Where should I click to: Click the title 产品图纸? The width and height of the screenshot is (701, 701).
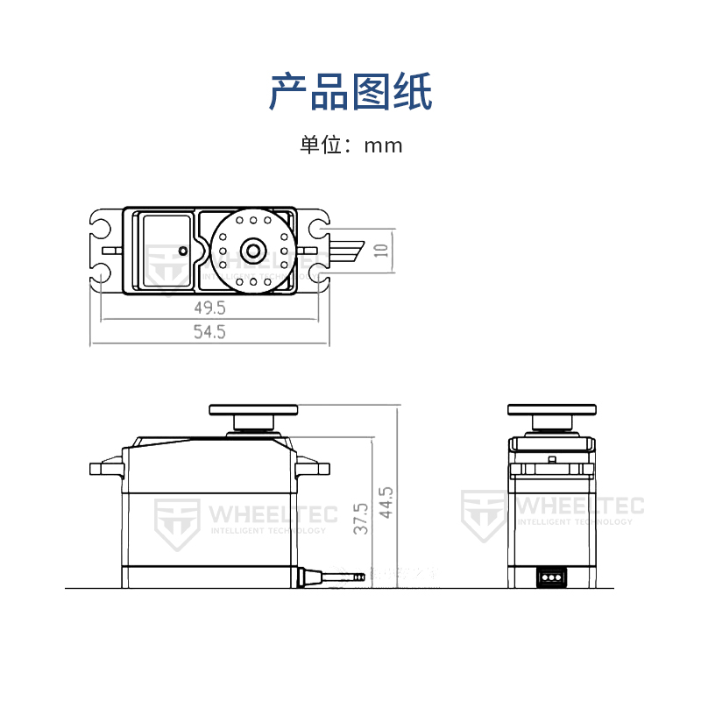tap(350, 92)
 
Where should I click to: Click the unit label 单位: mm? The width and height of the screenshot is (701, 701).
tap(350, 145)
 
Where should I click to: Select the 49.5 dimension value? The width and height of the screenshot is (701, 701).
tap(210, 308)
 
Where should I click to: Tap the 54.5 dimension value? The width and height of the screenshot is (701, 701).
tap(210, 332)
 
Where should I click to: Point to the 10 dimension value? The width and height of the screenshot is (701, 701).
tap(380, 250)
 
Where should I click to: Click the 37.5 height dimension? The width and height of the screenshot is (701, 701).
tap(359, 519)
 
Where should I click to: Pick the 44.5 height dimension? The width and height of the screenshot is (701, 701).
tap(386, 502)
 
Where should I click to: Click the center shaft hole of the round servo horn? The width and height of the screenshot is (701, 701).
tap(253, 250)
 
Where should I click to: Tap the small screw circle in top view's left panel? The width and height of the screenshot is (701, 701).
tap(182, 251)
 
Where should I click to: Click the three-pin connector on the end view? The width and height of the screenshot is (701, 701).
tap(552, 578)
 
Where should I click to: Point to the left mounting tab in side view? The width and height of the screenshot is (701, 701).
tap(106, 467)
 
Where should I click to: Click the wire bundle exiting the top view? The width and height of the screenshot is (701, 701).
tap(346, 250)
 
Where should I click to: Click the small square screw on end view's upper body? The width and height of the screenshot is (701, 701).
tap(552, 459)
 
